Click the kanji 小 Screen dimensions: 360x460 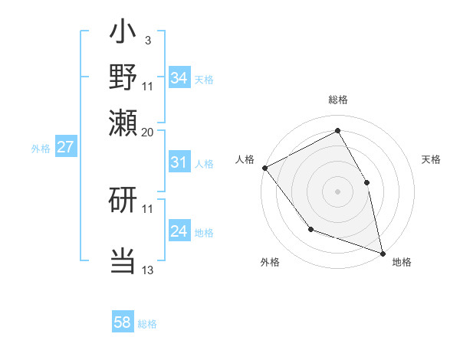[x=123, y=35]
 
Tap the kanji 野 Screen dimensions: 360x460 [x=123, y=77]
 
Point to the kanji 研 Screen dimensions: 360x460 [x=123, y=200]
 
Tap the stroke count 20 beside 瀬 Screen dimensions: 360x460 [x=147, y=131]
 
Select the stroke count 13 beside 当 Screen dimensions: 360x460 [x=147, y=270]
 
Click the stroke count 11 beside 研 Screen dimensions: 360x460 [x=147, y=208]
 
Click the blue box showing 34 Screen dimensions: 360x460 [x=179, y=78]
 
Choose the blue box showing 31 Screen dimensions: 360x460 [x=179, y=162]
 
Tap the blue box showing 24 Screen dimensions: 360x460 [x=179, y=231]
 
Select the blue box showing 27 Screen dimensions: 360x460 [x=65, y=147]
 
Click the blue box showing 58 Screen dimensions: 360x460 [x=123, y=322]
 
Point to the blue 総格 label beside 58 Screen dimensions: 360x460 [x=147, y=324]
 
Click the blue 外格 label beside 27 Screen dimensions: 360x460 [x=41, y=148]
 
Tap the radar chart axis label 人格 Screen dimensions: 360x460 [x=245, y=159]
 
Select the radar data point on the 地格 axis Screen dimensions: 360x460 [x=382, y=252]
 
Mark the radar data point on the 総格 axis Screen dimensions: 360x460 [x=337, y=131]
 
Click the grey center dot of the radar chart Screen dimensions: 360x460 [x=337, y=191]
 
